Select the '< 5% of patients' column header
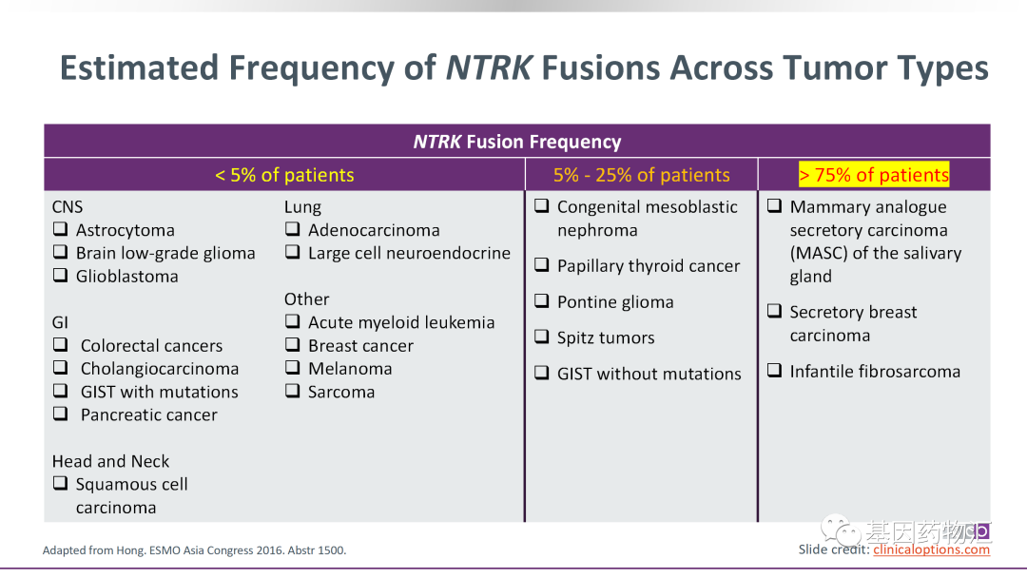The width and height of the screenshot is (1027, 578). click(283, 175)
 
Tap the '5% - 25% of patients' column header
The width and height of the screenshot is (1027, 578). click(641, 175)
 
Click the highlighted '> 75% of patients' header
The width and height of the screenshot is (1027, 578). click(874, 175)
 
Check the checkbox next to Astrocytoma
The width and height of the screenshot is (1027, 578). click(60, 230)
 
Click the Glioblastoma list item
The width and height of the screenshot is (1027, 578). click(126, 277)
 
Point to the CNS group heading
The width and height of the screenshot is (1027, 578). click(68, 207)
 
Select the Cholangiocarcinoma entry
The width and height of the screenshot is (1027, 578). click(159, 369)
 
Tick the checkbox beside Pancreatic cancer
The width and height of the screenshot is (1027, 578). click(60, 414)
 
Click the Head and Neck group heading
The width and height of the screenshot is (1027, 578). click(110, 461)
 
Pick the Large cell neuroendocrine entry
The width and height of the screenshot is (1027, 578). click(409, 254)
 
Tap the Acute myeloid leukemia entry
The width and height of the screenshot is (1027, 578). click(400, 323)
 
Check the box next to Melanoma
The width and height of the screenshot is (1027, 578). click(293, 369)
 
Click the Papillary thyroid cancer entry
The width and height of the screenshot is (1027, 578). click(648, 267)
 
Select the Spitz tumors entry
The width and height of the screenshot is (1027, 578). click(605, 338)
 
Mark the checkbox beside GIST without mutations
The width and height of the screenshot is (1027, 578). click(541, 374)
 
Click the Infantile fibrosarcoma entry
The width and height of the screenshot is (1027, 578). click(874, 372)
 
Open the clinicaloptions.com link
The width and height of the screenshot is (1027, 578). click(931, 549)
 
